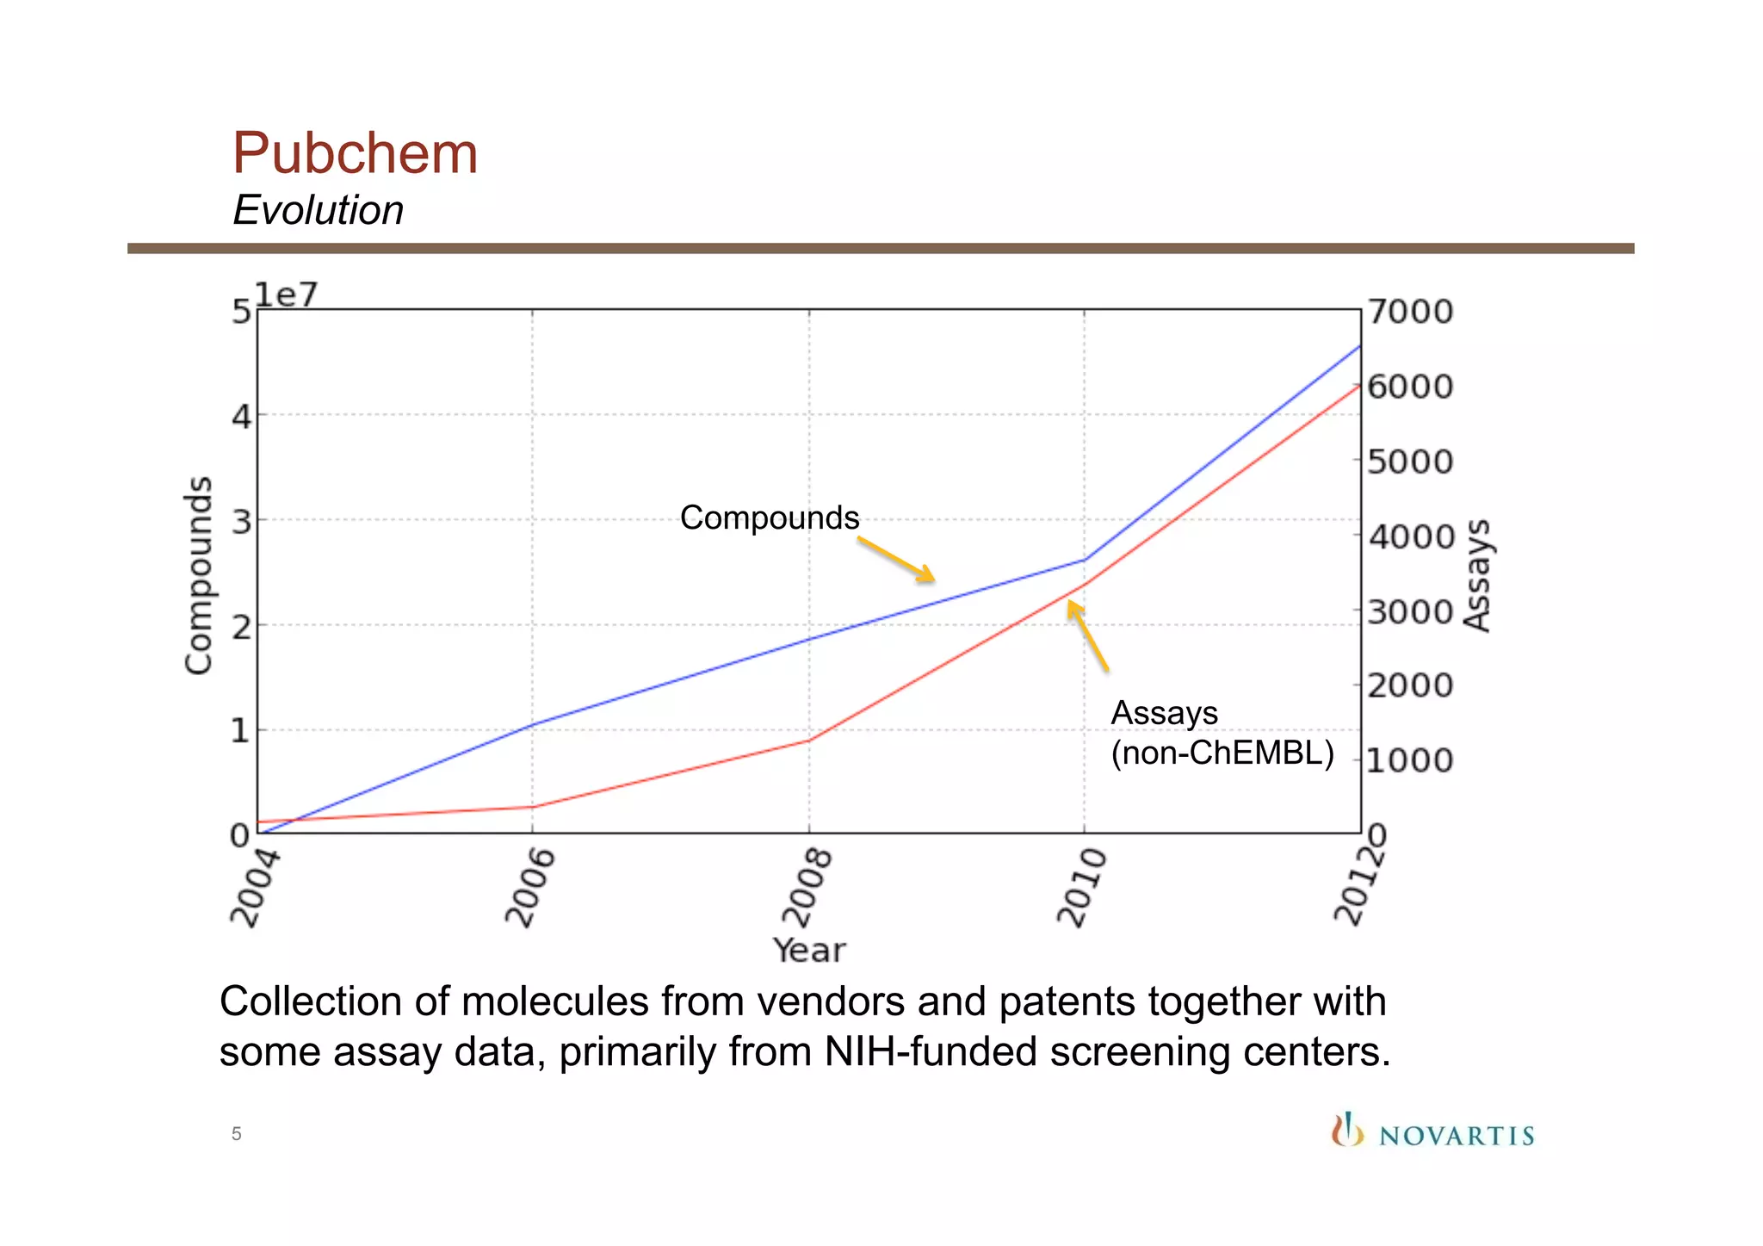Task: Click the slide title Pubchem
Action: (355, 153)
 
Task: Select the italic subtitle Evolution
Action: (318, 210)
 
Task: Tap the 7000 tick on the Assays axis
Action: (1410, 312)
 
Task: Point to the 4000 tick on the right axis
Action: (1410, 536)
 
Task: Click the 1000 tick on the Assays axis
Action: (1410, 760)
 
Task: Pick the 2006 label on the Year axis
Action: (529, 887)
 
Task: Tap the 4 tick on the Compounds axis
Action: (241, 418)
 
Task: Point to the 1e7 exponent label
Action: (287, 294)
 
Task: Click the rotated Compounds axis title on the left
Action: (199, 575)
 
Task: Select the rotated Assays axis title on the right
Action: (1477, 575)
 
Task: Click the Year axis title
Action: (808, 951)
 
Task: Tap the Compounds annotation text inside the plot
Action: (769, 518)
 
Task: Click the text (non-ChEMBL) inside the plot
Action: (1222, 753)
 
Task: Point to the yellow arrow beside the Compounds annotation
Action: (896, 560)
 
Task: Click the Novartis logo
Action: (1432, 1131)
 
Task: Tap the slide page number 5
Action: (236, 1134)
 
